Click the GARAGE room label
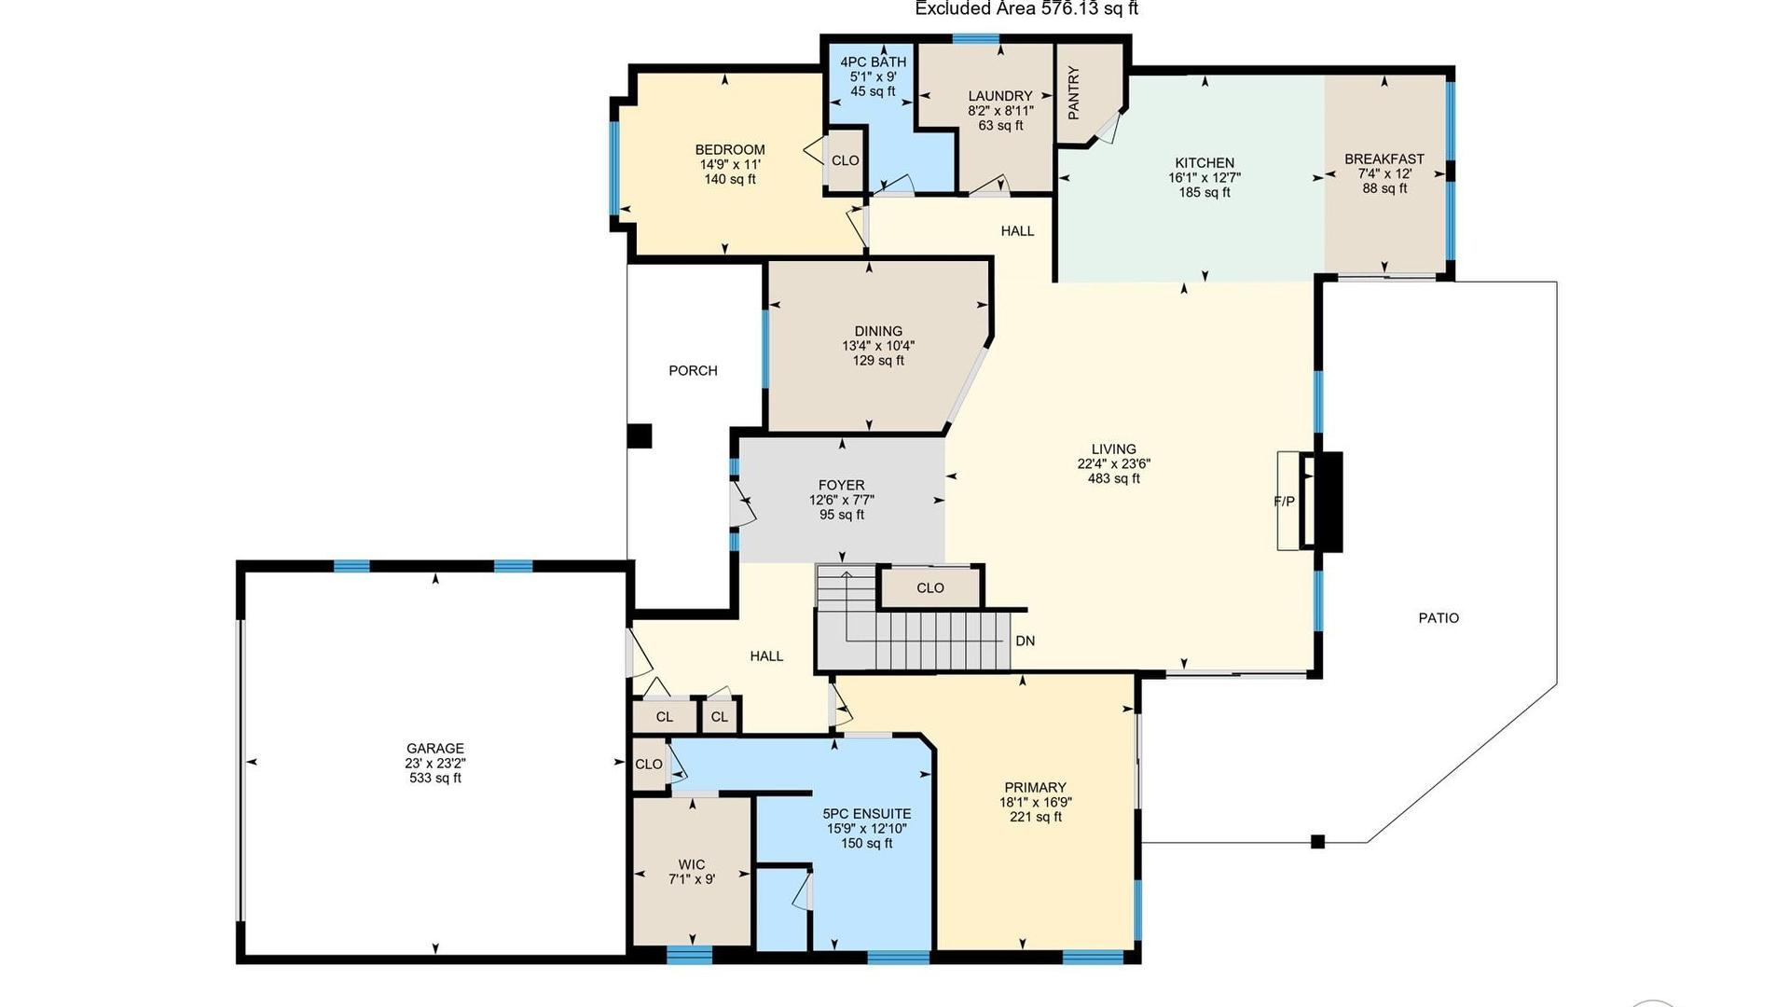click(x=434, y=748)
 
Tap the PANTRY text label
click(x=1073, y=92)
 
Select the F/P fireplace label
click(x=1284, y=502)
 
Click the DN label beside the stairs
click(x=1025, y=641)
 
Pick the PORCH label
click(x=693, y=370)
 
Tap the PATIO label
click(x=1439, y=617)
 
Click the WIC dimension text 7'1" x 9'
click(x=692, y=879)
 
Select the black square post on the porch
click(x=639, y=436)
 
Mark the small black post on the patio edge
click(x=1317, y=841)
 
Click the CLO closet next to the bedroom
click(x=846, y=160)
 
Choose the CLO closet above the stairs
click(x=930, y=587)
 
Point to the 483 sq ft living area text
click(x=1113, y=478)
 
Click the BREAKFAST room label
click(x=1384, y=159)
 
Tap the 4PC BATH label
click(x=873, y=62)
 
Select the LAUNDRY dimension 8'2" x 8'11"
click(x=1000, y=110)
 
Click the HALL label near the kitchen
click(x=1017, y=230)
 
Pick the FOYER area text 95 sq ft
click(x=841, y=515)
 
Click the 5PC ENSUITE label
click(x=867, y=813)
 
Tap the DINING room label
click(x=878, y=331)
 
